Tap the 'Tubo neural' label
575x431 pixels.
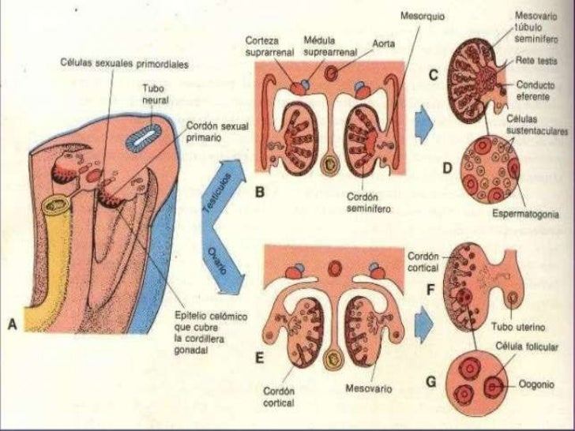pos(154,96)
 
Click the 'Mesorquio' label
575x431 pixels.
pos(422,15)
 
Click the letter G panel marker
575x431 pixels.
pos(431,381)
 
